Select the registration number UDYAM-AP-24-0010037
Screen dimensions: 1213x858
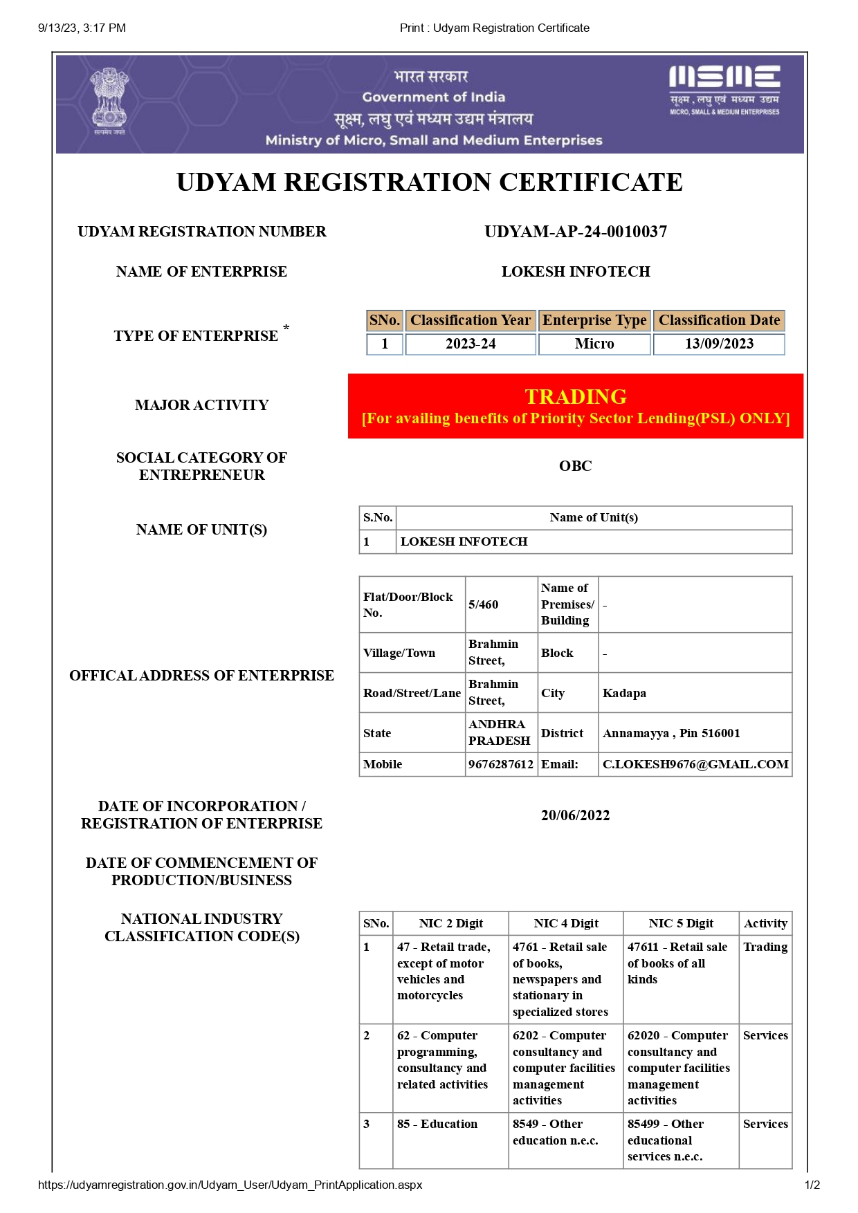pos(576,232)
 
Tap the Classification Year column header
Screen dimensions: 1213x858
pos(471,320)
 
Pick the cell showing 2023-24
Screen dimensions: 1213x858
pos(471,344)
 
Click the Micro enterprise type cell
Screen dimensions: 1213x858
pos(594,344)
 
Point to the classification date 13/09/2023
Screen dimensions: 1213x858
pos(719,344)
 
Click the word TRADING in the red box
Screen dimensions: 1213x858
pos(576,396)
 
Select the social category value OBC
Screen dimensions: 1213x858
pos(576,466)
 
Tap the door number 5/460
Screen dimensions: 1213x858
pos(484,604)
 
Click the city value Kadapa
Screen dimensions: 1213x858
pos(624,693)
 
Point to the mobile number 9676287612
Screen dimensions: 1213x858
pos(501,764)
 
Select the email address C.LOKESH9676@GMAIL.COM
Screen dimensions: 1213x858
pos(695,764)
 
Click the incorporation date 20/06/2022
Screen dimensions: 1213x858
pos(576,815)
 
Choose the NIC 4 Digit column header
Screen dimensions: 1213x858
pos(566,923)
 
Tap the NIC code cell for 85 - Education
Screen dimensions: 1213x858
pos(437,1124)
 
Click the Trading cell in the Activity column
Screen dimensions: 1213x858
pos(765,947)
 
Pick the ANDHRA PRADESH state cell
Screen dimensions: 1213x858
pos(500,732)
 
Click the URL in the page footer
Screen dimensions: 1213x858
pos(230,1185)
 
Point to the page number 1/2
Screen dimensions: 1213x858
pos(812,1185)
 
